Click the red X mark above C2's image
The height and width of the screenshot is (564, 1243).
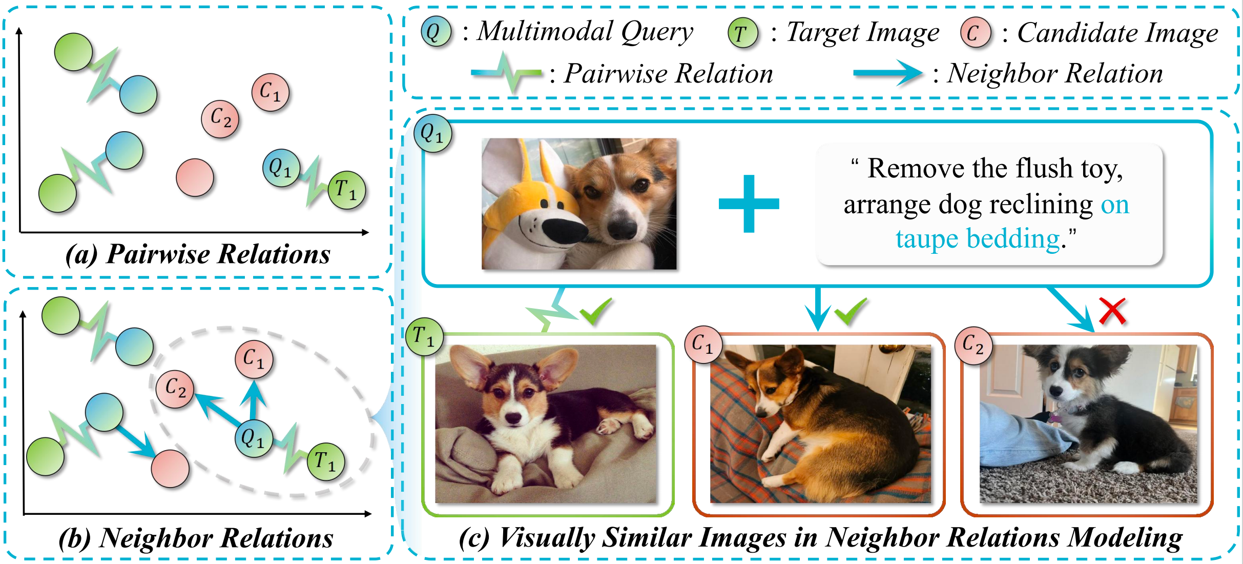[1112, 312]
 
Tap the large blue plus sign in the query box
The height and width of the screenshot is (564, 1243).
[749, 204]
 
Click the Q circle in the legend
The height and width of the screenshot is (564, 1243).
[436, 32]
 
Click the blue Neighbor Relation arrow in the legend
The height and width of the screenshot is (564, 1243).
[888, 74]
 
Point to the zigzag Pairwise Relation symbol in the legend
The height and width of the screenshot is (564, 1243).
[506, 73]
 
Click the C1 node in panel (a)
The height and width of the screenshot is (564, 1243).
[270, 92]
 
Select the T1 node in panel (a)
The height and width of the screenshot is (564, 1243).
[347, 190]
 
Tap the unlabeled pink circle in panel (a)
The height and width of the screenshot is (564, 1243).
[195, 177]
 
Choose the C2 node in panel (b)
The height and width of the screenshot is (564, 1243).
[175, 389]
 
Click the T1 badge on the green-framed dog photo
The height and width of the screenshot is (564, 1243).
[424, 337]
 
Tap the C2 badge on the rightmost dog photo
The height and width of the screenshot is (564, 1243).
[973, 345]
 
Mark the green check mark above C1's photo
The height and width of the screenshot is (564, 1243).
[850, 311]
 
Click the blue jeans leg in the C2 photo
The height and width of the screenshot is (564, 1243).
[1025, 436]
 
